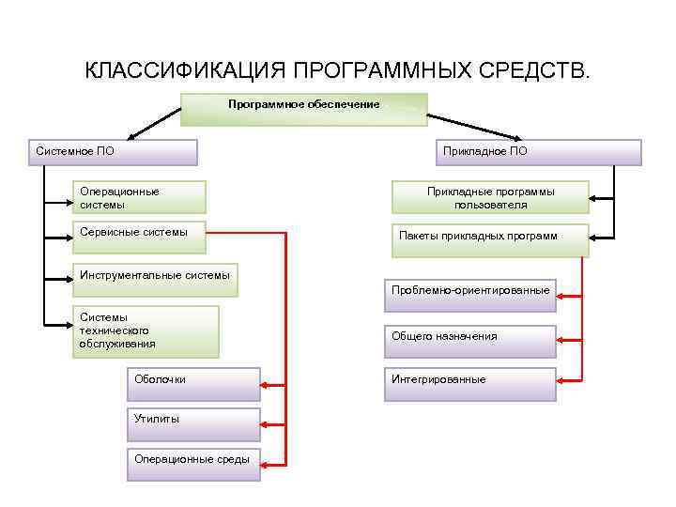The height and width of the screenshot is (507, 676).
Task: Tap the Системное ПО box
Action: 113,152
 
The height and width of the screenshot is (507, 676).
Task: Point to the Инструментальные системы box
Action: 156,280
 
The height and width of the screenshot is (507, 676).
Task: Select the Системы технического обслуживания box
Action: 146,331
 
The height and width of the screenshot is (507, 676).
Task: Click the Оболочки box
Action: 193,384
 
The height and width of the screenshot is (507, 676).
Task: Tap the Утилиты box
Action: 193,424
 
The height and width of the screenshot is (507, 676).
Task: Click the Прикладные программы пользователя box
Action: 490,197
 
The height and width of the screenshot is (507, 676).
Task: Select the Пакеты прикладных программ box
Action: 490,239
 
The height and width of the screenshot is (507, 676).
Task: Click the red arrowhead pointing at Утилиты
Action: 267,424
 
